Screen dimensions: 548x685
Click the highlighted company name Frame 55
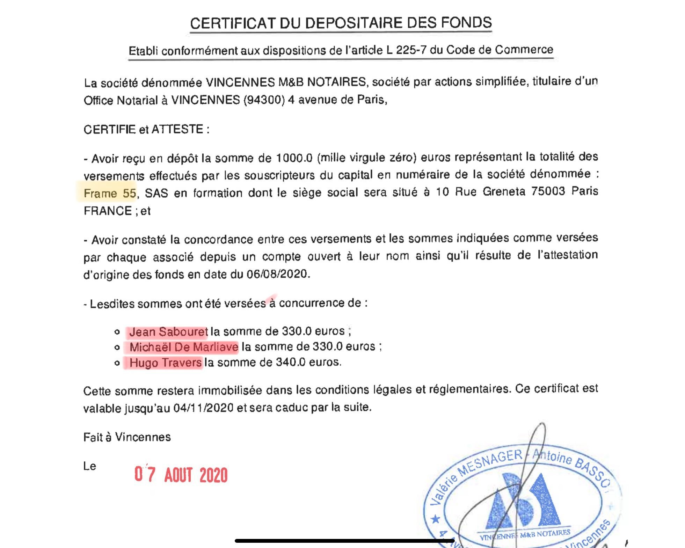tap(110, 193)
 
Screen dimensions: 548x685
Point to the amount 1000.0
tap(294, 158)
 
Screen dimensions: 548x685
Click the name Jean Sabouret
tap(168, 331)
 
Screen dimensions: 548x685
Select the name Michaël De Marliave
tap(184, 347)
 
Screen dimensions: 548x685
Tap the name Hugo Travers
tap(165, 363)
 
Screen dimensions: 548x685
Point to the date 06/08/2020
tap(278, 274)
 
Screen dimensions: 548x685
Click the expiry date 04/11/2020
tap(203, 408)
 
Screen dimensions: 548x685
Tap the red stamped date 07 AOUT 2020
tap(181, 475)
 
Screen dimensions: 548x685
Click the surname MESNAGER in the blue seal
tap(490, 463)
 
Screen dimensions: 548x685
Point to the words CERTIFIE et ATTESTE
tap(146, 130)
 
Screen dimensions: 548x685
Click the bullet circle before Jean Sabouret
tap(117, 332)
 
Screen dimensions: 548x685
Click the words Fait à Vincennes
tap(127, 437)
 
